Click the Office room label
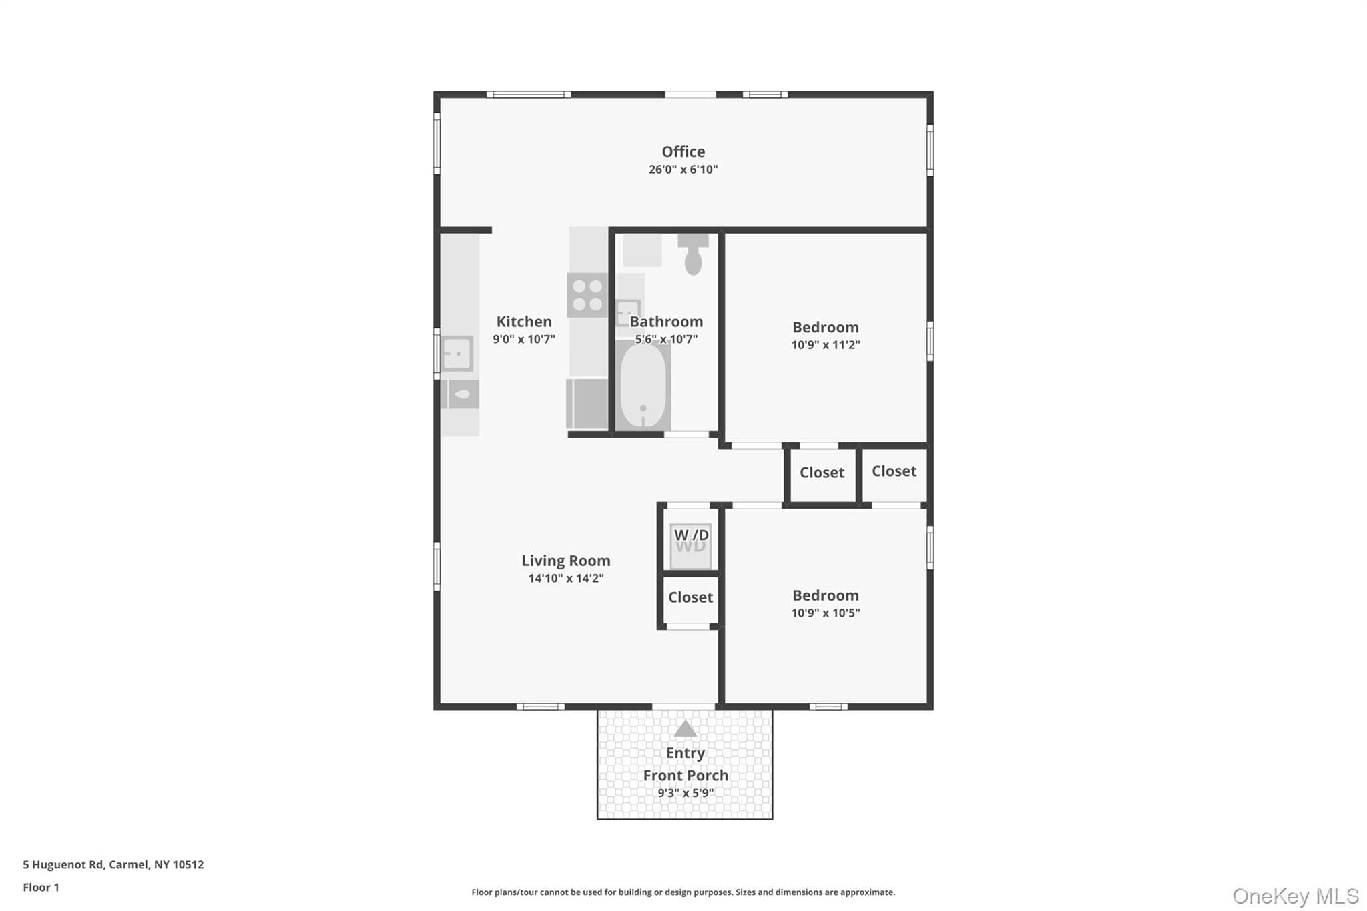pos(683,151)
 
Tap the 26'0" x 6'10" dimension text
pos(683,170)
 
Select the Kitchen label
pos(524,322)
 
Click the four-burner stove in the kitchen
pos(587,295)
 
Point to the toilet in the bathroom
pos(693,254)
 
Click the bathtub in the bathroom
pos(643,386)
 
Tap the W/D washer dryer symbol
pos(691,546)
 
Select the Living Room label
pos(566,561)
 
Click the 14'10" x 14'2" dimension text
pos(566,579)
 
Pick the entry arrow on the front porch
pos(685,729)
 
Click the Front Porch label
pos(686,775)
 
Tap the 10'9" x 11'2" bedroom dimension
pos(826,345)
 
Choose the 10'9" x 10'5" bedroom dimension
pos(826,613)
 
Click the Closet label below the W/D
pos(690,597)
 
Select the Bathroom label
pos(666,322)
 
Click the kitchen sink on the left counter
pos(457,354)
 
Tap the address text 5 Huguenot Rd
pos(63,864)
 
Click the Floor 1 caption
pos(41,887)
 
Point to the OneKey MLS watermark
pos(1296,896)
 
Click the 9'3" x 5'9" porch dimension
pos(686,793)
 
